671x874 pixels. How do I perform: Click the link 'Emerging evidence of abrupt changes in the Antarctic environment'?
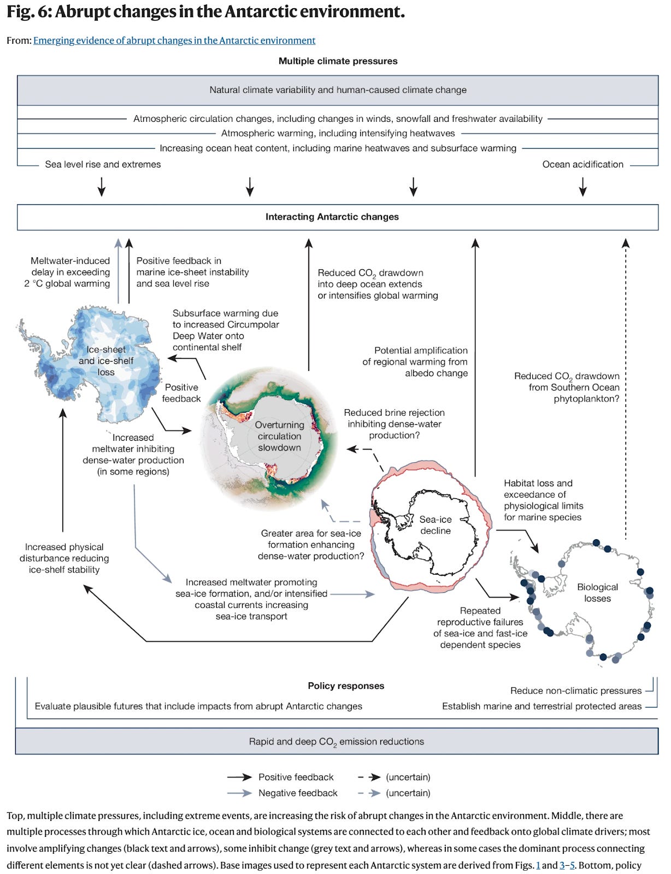[174, 40]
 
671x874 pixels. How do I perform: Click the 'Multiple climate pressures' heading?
[338, 61]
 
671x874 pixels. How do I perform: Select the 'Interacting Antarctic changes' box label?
[332, 217]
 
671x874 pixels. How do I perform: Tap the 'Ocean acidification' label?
[582, 164]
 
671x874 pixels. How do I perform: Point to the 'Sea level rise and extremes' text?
[103, 164]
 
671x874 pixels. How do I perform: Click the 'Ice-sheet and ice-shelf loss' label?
[106, 361]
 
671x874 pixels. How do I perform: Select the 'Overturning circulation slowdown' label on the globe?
[279, 436]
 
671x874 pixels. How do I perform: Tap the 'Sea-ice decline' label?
[435, 525]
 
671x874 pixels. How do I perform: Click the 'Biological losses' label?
[597, 593]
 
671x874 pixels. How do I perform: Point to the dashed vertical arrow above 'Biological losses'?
[626, 382]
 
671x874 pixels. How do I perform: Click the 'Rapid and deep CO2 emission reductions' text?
[337, 742]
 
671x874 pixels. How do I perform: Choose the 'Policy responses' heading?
[346, 686]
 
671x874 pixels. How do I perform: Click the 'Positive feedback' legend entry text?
[296, 777]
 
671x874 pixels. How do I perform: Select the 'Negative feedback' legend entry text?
[298, 793]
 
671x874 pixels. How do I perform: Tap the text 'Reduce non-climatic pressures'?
[575, 691]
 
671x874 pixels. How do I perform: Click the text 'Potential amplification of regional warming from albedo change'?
[415, 362]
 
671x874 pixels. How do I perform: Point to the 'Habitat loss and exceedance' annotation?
[543, 500]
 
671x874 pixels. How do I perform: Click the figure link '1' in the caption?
[538, 865]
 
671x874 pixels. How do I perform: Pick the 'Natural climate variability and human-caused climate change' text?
[338, 90]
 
